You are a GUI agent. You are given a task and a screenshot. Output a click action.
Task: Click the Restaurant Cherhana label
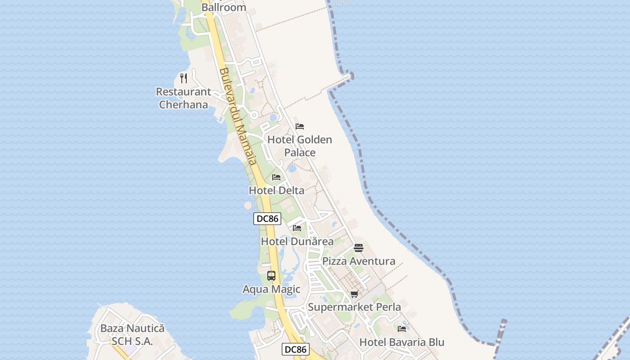click(184, 98)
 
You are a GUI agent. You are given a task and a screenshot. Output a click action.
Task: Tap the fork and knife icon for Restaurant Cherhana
click(184, 78)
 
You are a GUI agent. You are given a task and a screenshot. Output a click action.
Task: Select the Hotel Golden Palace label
click(300, 146)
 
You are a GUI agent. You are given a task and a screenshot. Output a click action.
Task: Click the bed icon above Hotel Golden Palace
click(300, 126)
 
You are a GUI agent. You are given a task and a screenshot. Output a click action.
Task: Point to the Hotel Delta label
click(277, 190)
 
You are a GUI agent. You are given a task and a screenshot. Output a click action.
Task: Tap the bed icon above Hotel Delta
click(276, 177)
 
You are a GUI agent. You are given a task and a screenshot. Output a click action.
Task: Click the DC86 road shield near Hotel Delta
click(267, 219)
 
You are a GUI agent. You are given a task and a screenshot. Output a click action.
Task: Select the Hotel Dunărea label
click(297, 241)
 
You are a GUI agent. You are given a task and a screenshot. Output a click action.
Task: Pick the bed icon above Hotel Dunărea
click(297, 228)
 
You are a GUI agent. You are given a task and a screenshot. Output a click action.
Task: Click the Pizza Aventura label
click(359, 261)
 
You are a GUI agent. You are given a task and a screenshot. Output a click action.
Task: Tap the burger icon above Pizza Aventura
click(359, 248)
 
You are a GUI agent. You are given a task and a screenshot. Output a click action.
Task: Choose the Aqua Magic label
click(271, 289)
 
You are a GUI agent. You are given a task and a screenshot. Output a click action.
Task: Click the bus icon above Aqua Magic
click(271, 276)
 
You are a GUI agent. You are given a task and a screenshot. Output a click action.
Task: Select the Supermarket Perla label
click(355, 307)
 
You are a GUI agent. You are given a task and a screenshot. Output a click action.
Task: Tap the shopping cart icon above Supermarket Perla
click(355, 294)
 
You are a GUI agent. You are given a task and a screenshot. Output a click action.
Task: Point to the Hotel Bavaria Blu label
click(402, 342)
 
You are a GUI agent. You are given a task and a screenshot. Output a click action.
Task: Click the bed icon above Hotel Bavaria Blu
click(402, 329)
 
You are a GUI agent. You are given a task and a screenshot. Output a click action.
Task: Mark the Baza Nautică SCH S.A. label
click(132, 335)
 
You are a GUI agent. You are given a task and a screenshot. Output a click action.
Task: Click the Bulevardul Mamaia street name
click(238, 116)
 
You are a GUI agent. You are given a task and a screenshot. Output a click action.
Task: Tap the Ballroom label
click(224, 7)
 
